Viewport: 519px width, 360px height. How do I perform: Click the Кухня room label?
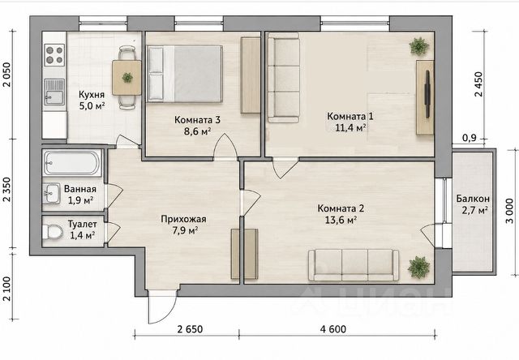coord(92,95)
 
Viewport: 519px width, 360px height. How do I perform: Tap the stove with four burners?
coord(54,54)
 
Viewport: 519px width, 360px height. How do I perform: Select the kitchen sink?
coord(54,92)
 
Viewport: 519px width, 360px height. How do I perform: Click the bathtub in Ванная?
coord(72,162)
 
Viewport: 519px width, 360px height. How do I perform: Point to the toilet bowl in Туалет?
coord(52,232)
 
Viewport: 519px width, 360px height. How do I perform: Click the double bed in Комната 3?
coord(185,74)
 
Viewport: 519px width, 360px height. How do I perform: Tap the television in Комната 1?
coord(427,94)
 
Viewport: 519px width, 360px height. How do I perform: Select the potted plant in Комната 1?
coord(418,46)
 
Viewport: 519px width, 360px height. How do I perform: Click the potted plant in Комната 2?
coord(418,267)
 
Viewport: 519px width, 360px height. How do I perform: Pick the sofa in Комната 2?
coord(354,266)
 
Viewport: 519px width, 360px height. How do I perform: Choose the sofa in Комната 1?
coord(284,78)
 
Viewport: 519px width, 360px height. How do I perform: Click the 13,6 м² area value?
coord(341,220)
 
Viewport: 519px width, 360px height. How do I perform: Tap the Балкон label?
coord(473,199)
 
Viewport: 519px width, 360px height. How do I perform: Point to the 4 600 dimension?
coord(333,329)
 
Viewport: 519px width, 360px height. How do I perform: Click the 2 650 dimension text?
coord(190,329)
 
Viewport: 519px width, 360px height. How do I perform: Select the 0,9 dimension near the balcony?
coord(470,137)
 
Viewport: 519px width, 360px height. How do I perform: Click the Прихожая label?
coord(184,219)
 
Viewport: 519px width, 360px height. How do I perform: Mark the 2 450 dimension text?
coord(478,84)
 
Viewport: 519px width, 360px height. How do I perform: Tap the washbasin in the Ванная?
coord(51,193)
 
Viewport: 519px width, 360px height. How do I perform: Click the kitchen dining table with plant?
coord(127,78)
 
